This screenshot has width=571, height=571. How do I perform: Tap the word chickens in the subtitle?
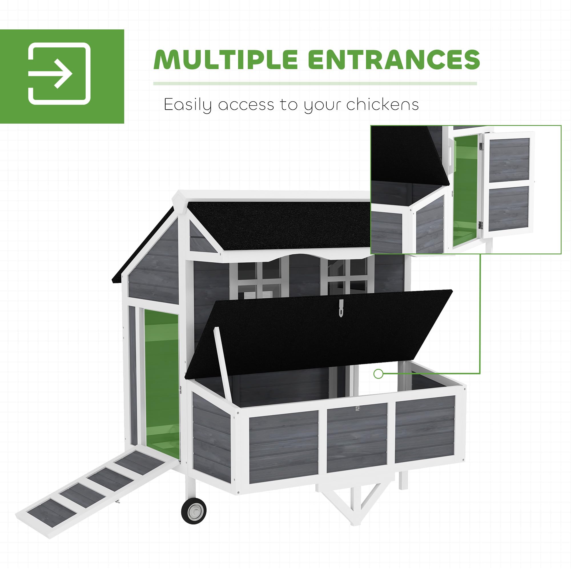pyautogui.click(x=383, y=104)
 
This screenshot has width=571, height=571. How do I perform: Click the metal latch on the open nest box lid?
pyautogui.click(x=342, y=308)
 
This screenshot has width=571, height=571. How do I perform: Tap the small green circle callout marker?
pyautogui.click(x=378, y=374)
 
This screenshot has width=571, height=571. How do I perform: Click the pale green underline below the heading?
pyautogui.click(x=315, y=84)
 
